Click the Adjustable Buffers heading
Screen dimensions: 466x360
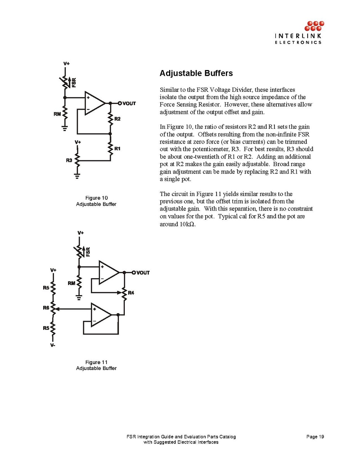pos(196,73)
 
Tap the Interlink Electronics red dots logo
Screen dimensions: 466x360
pos(314,26)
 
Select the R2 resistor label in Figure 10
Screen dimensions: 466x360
pos(117,119)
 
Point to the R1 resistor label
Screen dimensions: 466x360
pos(117,149)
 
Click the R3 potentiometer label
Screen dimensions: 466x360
pos(69,159)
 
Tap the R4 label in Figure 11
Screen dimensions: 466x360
pos(131,293)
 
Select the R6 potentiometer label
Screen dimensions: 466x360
pos(46,308)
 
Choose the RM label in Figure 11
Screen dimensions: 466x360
pos(72,283)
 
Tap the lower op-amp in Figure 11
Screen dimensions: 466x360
pos(101,314)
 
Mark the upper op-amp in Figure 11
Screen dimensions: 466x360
pos(108,272)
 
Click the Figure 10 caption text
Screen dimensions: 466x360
pos(96,201)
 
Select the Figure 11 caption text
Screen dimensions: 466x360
pos(96,365)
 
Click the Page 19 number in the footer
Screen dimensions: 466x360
pos(315,437)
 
